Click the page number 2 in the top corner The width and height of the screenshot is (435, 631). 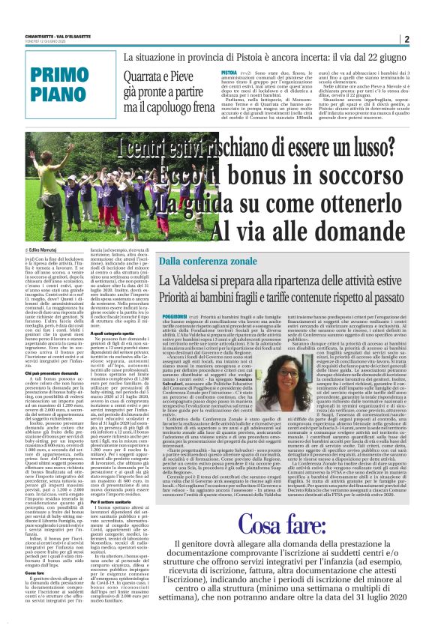[406, 40]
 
